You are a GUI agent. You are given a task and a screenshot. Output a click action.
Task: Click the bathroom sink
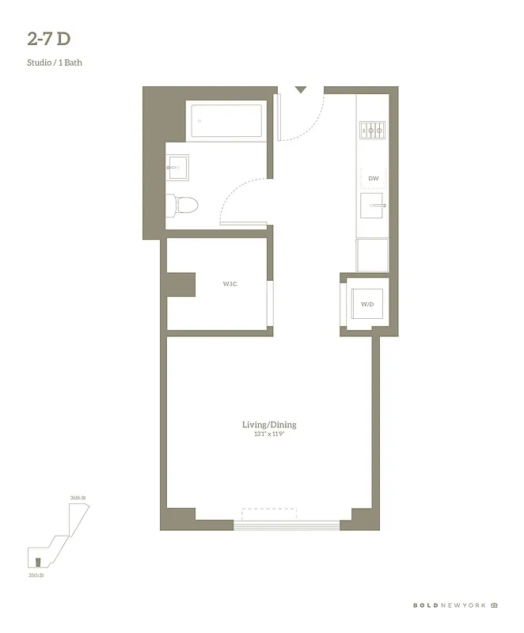tap(177, 166)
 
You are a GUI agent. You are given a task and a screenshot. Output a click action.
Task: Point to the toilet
tap(184, 205)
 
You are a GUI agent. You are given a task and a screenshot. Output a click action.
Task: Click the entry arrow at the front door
tap(300, 90)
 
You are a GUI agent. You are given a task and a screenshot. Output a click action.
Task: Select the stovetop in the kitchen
tap(372, 129)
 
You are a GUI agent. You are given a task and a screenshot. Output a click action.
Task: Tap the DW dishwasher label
tap(373, 179)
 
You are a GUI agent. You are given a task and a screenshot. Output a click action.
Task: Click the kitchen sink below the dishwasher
tap(373, 209)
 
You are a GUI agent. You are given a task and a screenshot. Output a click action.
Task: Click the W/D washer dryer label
tap(367, 304)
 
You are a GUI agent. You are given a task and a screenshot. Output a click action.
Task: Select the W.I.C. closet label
tap(230, 283)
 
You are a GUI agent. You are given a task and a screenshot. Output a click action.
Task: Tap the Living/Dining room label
tap(269, 425)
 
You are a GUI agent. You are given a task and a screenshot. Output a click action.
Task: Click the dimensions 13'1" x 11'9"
tap(269, 434)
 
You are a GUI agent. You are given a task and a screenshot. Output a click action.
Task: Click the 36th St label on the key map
tap(77, 497)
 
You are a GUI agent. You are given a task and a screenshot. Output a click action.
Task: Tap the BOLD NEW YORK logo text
tap(450, 605)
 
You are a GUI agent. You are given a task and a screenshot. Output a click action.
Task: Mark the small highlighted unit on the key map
tap(36, 561)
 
